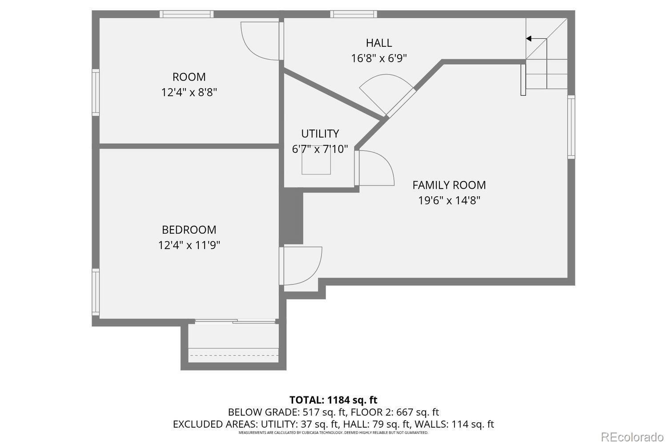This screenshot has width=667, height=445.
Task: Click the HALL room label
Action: (x=379, y=43)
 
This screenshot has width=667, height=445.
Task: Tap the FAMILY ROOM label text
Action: (x=449, y=185)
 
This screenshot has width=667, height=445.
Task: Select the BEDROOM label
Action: (x=189, y=230)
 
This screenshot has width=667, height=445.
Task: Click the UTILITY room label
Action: (x=320, y=133)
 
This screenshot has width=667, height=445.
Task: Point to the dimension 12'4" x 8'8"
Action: (x=189, y=93)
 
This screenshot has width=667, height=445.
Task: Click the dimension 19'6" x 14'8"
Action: (x=449, y=200)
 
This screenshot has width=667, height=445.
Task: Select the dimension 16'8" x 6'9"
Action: (x=379, y=58)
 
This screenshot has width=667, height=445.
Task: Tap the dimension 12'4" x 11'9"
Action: (x=189, y=245)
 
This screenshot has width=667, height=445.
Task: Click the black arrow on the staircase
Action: (x=529, y=39)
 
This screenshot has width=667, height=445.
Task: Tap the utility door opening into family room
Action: (x=376, y=168)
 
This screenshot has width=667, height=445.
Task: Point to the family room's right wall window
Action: (x=571, y=127)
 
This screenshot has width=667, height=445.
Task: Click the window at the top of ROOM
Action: (x=186, y=14)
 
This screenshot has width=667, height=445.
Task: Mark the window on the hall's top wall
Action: (x=354, y=14)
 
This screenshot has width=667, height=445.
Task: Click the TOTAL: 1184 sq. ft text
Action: (x=333, y=400)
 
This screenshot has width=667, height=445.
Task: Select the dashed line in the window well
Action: (x=233, y=355)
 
